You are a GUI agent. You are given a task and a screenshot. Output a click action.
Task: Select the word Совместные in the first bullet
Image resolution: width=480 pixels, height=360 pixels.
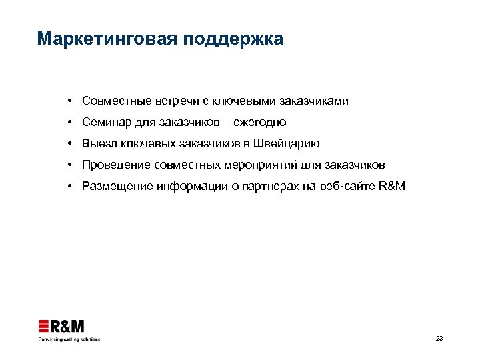(x=116, y=101)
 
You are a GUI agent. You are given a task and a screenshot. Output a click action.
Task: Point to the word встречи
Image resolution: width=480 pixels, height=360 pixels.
(x=177, y=101)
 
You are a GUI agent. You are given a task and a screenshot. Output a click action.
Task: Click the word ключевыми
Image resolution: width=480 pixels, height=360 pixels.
(x=244, y=101)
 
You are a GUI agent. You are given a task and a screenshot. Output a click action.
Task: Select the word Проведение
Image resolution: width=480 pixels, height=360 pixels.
(x=116, y=165)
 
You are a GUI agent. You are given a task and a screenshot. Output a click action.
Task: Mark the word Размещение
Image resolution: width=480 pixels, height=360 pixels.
(x=117, y=186)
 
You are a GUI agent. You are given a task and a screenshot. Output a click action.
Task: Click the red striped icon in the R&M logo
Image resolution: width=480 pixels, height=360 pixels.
(x=44, y=326)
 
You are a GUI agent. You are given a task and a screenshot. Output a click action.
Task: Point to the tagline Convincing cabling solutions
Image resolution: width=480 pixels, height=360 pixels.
(x=68, y=339)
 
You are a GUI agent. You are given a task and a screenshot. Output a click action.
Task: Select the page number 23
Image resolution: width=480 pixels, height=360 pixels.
(x=439, y=339)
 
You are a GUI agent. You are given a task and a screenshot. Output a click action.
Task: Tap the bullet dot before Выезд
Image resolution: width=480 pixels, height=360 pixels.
(x=69, y=143)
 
